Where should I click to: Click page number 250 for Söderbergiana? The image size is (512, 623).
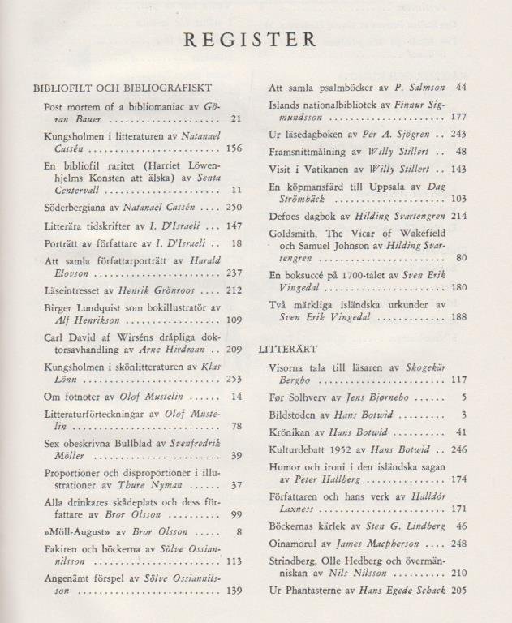[234, 208]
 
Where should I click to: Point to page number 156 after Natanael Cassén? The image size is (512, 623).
[234, 148]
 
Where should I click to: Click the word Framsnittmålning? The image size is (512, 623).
[309, 151]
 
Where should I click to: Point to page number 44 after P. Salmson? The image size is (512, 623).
[461, 87]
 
